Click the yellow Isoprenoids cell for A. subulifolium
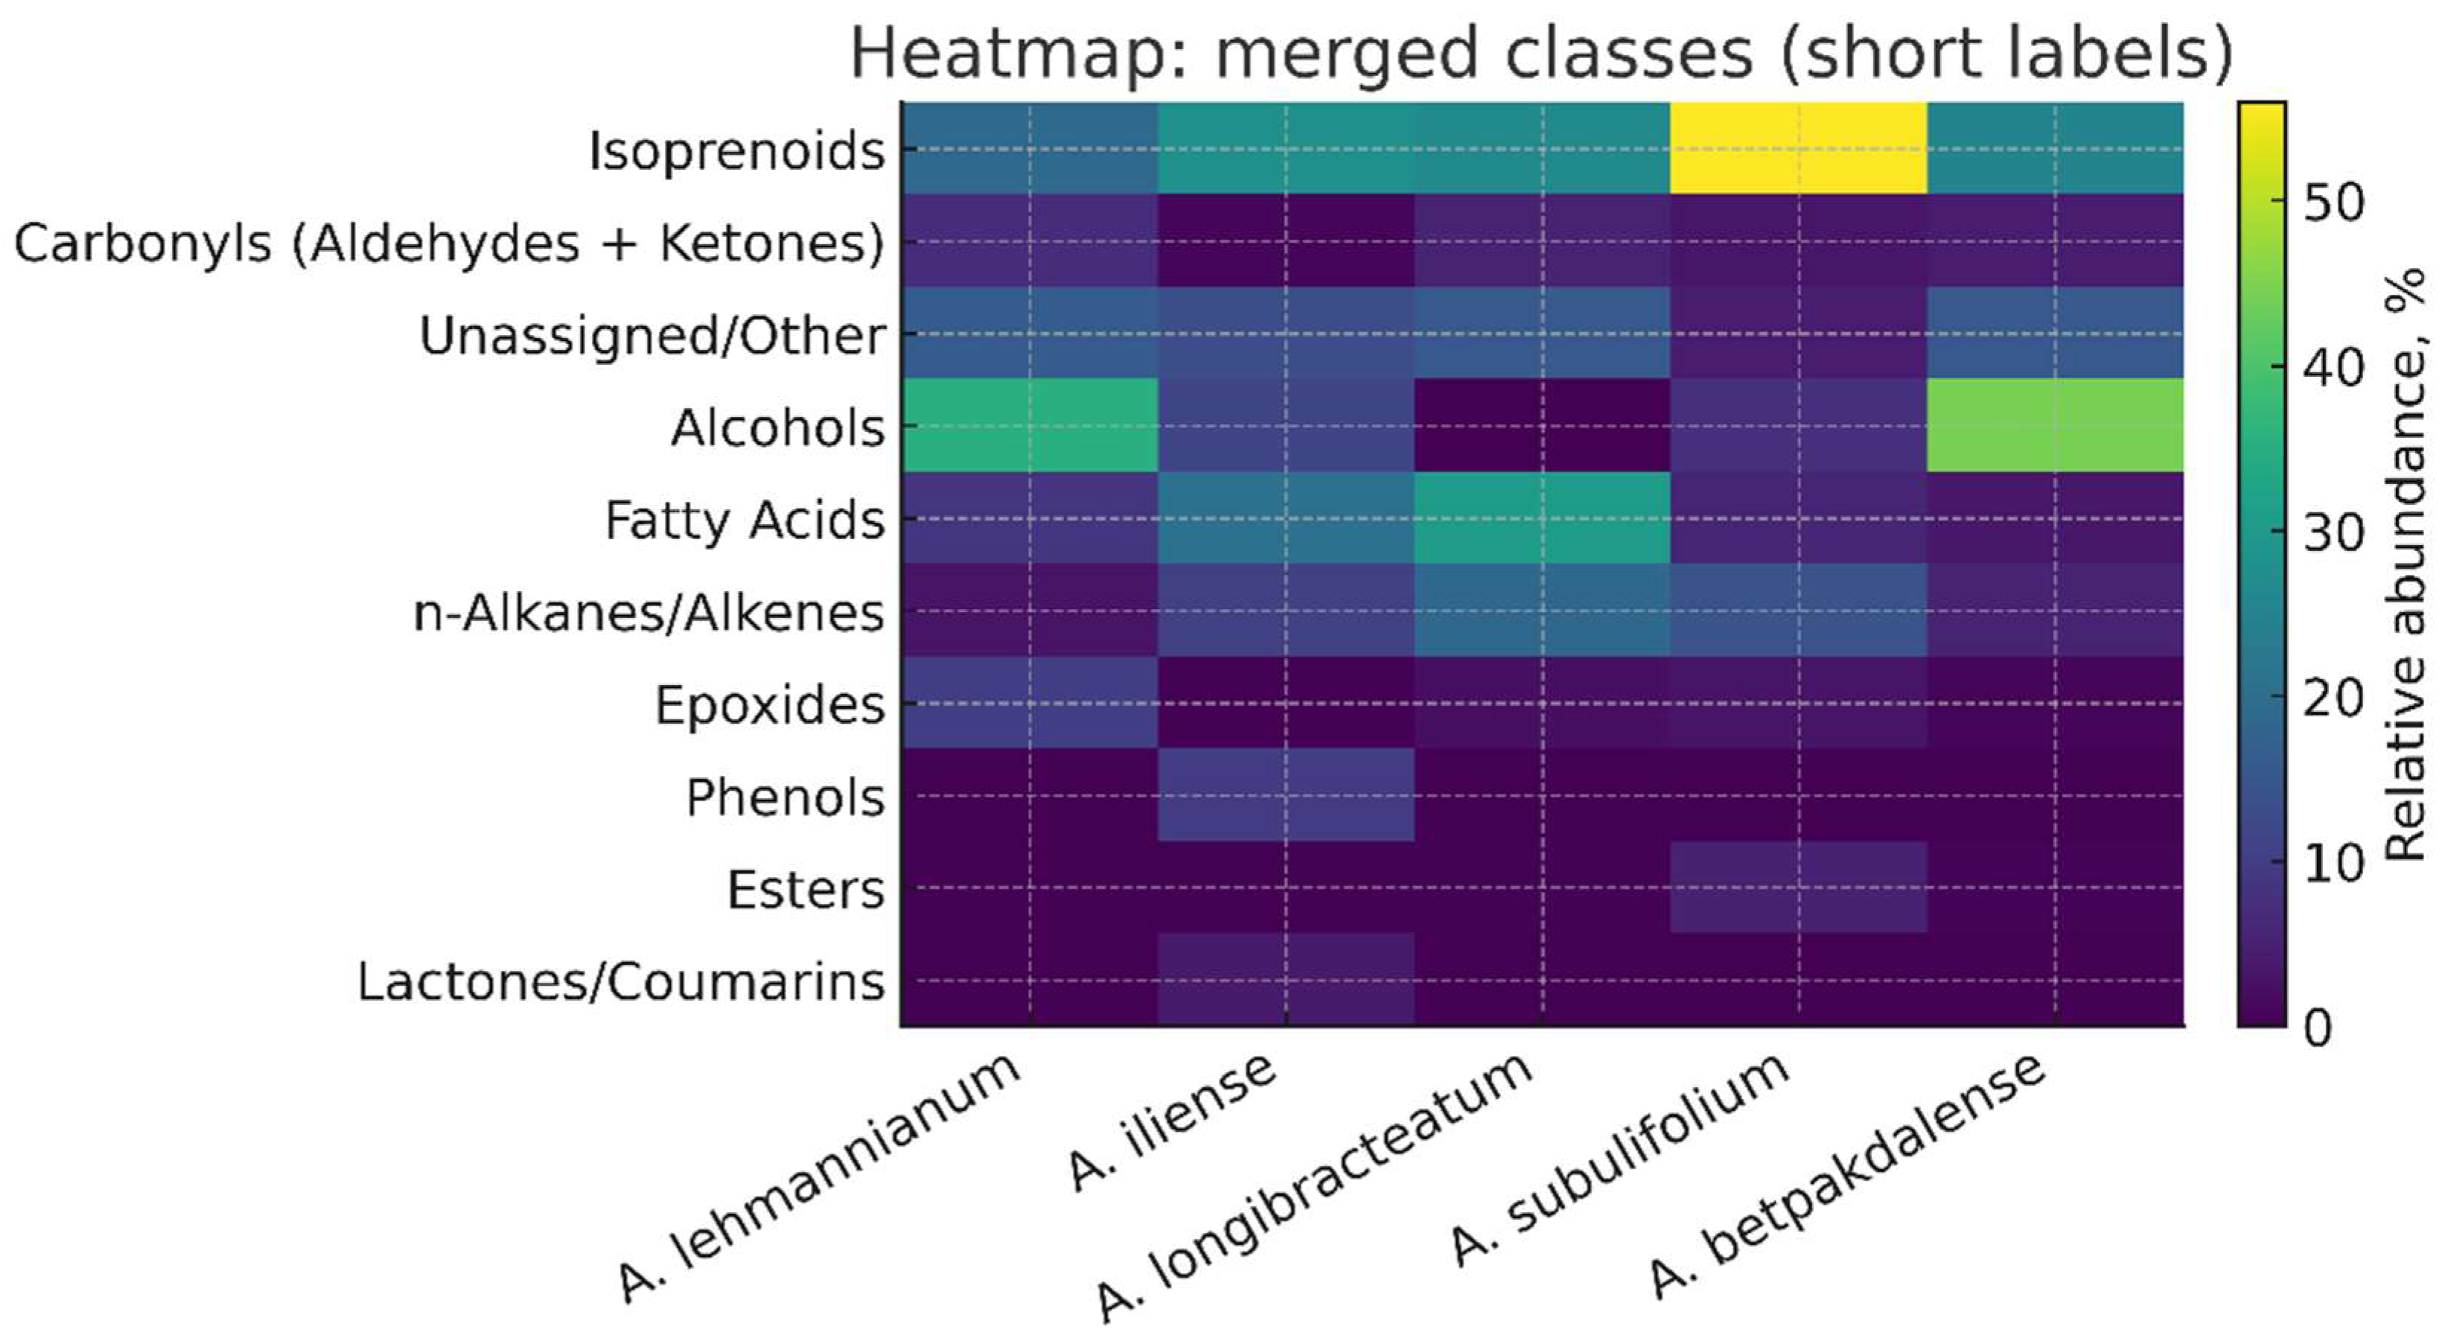pyautogui.click(x=1798, y=148)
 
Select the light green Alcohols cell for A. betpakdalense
pyautogui.click(x=2055, y=425)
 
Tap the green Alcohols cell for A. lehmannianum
pyautogui.click(x=1029, y=425)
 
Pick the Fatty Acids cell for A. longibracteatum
pyautogui.click(x=1541, y=518)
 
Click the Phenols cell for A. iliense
pyautogui.click(x=1286, y=794)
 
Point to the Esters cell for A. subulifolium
pyautogui.click(x=1798, y=887)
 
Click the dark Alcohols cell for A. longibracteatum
pyautogui.click(x=1541, y=425)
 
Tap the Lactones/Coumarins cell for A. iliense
pyautogui.click(x=1286, y=979)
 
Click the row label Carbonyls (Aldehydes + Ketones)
pyautogui.click(x=448, y=243)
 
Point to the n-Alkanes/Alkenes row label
pyautogui.click(x=648, y=612)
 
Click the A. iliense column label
pyautogui.click(x=1173, y=1121)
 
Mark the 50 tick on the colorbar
pyautogui.click(x=2333, y=203)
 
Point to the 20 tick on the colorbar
pyautogui.click(x=2333, y=698)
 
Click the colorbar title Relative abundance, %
pyautogui.click(x=2406, y=565)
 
